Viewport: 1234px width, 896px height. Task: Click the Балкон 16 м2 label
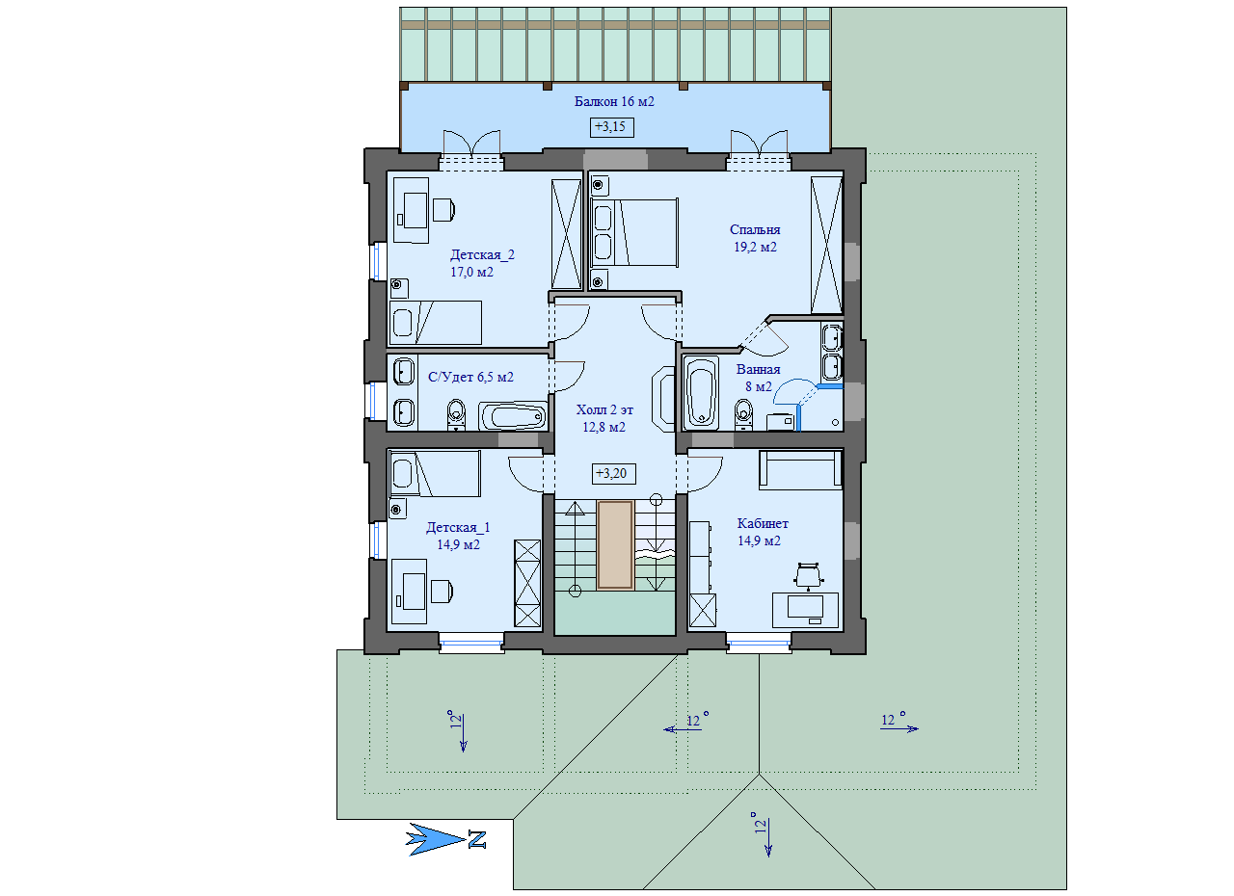point(614,101)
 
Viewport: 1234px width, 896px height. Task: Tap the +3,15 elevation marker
point(611,127)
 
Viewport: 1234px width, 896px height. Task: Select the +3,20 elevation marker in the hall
point(613,473)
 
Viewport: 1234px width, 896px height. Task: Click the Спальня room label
point(755,229)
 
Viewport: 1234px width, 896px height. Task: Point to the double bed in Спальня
point(634,233)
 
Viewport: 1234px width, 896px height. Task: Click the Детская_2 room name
point(482,254)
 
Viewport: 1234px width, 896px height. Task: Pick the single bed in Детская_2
point(435,323)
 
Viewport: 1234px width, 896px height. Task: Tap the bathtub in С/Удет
point(512,416)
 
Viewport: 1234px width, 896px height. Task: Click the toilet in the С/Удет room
point(456,414)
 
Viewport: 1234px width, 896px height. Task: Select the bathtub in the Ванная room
point(701,393)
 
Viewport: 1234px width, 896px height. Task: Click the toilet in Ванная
point(743,414)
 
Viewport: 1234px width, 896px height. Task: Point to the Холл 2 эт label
point(604,409)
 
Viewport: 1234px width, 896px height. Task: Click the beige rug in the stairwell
point(615,545)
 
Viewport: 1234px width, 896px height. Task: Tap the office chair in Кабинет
point(808,576)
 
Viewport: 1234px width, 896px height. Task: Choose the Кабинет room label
point(763,523)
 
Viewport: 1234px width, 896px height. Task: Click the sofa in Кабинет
point(800,469)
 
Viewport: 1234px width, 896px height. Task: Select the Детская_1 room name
point(458,527)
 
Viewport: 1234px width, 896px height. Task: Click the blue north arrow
point(435,839)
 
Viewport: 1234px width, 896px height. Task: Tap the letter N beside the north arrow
point(477,839)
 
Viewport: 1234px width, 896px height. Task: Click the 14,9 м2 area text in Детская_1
point(458,545)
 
